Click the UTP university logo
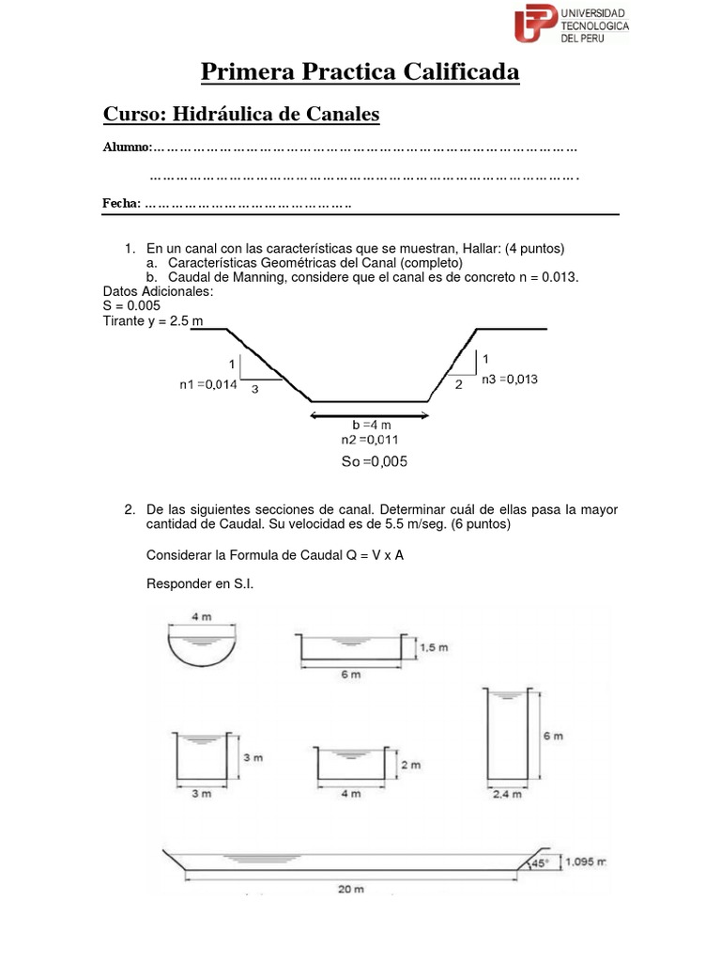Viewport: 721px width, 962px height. click(570, 24)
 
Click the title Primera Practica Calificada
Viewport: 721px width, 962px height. click(360, 72)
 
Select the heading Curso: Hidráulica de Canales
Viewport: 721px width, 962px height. click(240, 115)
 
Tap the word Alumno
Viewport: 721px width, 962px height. click(126, 147)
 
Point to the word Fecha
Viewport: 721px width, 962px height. click(120, 204)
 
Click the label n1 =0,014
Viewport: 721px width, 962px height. click(208, 383)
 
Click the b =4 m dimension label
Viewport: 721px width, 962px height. click(371, 426)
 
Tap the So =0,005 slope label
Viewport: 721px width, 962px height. click(374, 461)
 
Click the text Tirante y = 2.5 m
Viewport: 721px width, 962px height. click(152, 321)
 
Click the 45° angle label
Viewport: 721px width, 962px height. click(539, 862)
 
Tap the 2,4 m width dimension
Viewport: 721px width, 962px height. click(506, 795)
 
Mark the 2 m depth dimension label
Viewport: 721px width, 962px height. click(409, 766)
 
